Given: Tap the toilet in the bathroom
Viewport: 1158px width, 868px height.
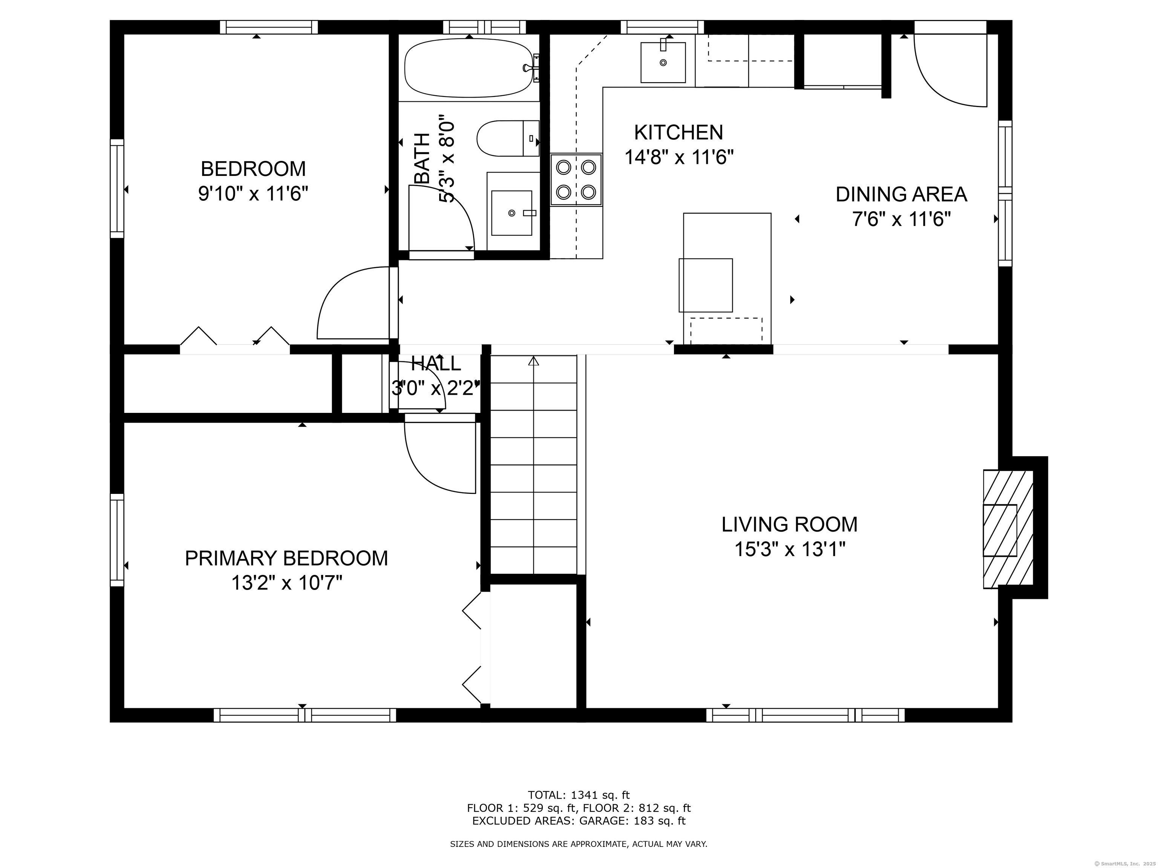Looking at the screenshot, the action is (x=508, y=138).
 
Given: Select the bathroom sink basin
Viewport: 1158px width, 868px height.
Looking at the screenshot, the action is (x=512, y=213).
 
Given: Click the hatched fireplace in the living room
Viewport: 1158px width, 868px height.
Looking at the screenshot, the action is (x=1008, y=529).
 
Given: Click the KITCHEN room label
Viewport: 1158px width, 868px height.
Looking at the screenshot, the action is (x=679, y=132).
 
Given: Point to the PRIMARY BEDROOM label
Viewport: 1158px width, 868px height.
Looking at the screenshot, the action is (x=286, y=558).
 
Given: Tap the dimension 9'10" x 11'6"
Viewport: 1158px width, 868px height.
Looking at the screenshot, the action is (x=253, y=194).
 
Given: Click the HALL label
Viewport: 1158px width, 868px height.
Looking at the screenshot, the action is (x=436, y=363).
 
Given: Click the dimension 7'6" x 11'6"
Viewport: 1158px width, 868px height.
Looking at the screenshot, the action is (x=901, y=219).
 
